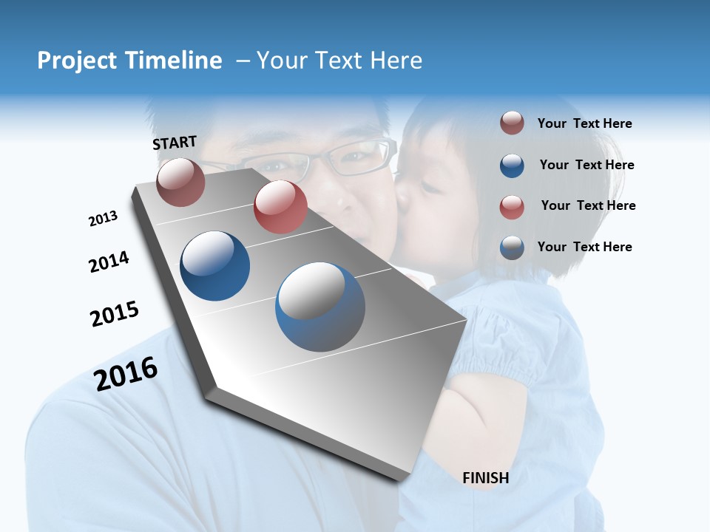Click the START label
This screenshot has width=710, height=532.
[175, 143]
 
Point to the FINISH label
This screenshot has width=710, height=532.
[485, 478]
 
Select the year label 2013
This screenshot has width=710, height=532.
[103, 219]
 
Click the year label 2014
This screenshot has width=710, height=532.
[109, 262]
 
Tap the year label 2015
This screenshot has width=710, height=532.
[114, 314]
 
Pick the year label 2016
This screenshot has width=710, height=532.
[126, 373]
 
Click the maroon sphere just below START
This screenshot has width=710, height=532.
[180, 182]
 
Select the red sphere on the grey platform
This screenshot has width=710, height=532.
[280, 207]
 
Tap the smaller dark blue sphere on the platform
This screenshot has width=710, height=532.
[214, 266]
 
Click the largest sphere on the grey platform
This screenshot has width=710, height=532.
[320, 307]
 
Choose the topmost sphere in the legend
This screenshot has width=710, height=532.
[512, 123]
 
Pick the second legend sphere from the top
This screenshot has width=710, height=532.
[512, 166]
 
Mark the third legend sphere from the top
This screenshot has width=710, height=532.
[512, 206]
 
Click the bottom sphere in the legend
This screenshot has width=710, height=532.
[512, 248]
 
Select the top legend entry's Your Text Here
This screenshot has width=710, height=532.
[584, 123]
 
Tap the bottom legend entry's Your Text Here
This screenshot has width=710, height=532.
[584, 247]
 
